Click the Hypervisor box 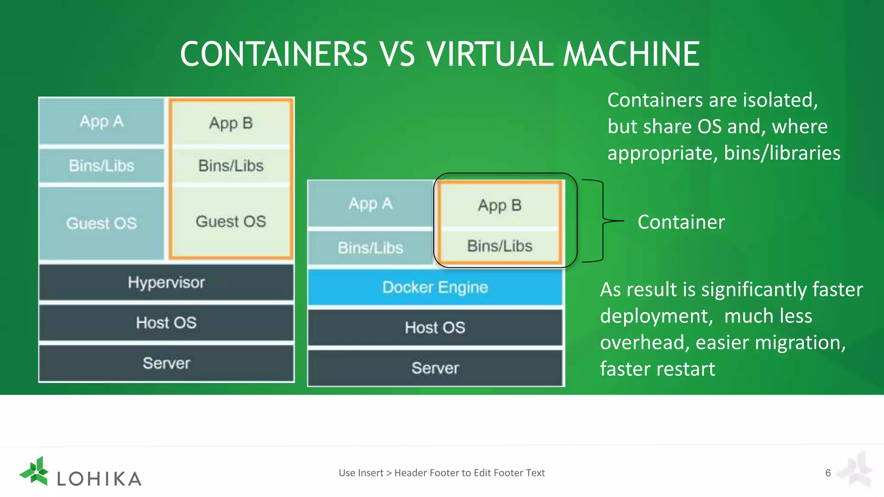pyautogui.click(x=166, y=283)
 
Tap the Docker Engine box pyautogui.click(x=435, y=287)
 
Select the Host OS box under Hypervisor pyautogui.click(x=166, y=323)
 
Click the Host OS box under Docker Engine pyautogui.click(x=435, y=327)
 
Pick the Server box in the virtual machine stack pyautogui.click(x=166, y=363)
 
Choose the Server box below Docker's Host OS pyautogui.click(x=435, y=368)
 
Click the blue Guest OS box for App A pyautogui.click(x=101, y=223)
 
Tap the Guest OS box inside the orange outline pyautogui.click(x=231, y=221)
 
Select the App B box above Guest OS pyautogui.click(x=231, y=123)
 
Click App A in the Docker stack pyautogui.click(x=370, y=204)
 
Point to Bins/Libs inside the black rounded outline pyautogui.click(x=499, y=246)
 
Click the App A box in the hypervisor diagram pyautogui.click(x=101, y=121)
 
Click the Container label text pyautogui.click(x=681, y=222)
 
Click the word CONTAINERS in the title pyautogui.click(x=274, y=54)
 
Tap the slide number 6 pyautogui.click(x=828, y=473)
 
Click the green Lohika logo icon pyautogui.click(x=35, y=472)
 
